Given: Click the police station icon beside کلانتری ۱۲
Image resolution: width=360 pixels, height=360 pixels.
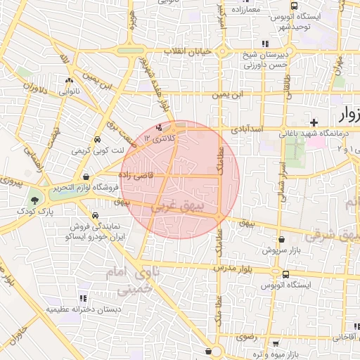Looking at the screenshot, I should [160, 128].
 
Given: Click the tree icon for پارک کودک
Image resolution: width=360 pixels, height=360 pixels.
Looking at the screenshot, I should [34, 200].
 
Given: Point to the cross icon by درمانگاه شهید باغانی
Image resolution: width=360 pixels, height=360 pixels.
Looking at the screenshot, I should [314, 122].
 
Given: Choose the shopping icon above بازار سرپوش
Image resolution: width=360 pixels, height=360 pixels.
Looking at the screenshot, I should [281, 240].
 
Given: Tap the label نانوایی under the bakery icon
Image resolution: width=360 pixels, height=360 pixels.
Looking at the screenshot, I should [68, 91].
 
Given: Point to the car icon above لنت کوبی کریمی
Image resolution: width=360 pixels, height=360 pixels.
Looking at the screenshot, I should [97, 139].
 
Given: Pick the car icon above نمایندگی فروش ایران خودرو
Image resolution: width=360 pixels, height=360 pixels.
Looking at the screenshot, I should [94, 215].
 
